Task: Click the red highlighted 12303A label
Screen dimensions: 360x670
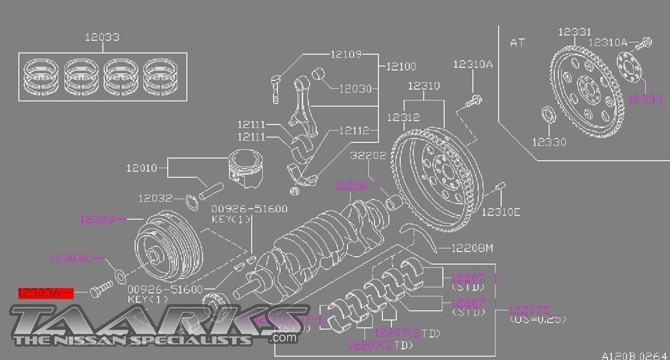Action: point(40,292)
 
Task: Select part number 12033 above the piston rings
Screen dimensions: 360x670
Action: point(102,38)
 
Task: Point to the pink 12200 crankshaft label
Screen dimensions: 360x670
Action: point(351,186)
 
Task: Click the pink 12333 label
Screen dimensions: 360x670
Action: point(645,99)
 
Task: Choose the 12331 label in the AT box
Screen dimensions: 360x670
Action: point(574,32)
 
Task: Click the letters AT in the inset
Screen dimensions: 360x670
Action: point(518,42)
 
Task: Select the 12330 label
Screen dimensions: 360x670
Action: point(549,141)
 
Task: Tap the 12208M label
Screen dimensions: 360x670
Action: point(472,248)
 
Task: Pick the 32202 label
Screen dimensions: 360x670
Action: point(367,156)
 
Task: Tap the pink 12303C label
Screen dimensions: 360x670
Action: point(70,257)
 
